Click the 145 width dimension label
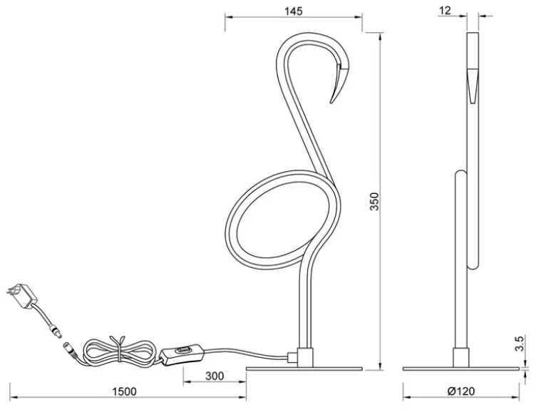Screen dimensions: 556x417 click(293, 11)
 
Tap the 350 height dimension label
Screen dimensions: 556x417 click(374, 202)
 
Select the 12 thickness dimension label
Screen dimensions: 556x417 click(445, 11)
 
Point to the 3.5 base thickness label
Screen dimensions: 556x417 click(519, 344)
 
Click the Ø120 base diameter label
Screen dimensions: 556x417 click(461, 391)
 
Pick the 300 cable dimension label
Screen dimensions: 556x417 click(215, 376)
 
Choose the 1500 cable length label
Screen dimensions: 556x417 click(124, 391)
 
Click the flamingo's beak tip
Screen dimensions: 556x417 click(331, 103)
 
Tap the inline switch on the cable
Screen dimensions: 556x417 click(182, 354)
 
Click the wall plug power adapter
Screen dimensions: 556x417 click(22, 295)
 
